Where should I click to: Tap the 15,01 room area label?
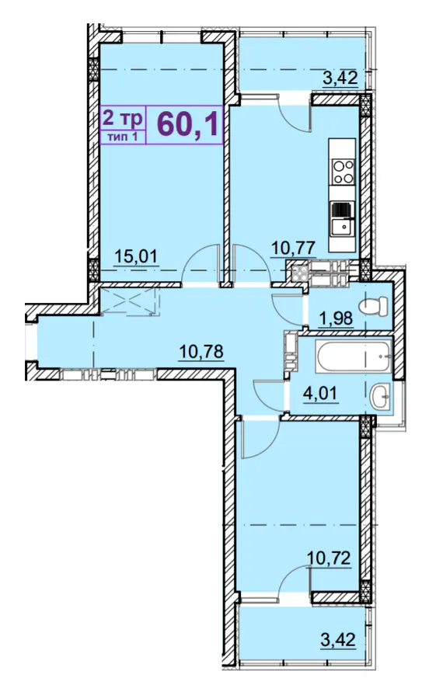click(x=136, y=256)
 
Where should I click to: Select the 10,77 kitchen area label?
click(x=294, y=248)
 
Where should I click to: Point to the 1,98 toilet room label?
click(x=336, y=318)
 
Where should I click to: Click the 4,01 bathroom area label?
click(x=321, y=394)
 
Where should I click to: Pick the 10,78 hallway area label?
click(x=201, y=352)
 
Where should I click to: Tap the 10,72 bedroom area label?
click(x=329, y=558)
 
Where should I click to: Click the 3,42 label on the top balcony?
click(x=340, y=78)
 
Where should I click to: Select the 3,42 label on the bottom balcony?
click(x=338, y=640)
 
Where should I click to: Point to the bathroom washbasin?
click(x=381, y=395)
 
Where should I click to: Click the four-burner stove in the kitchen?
click(x=344, y=172)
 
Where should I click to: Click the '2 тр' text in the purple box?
click(x=123, y=118)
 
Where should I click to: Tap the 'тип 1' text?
click(x=123, y=137)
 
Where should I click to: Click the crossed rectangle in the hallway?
click(x=129, y=302)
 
